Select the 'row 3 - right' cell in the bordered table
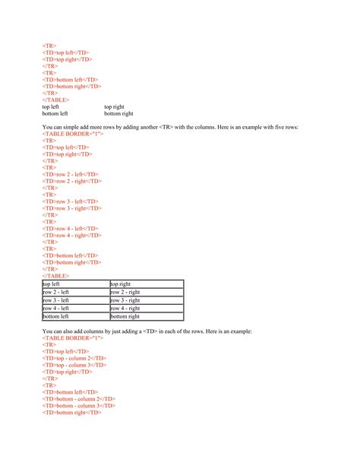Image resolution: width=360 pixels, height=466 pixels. point(125,300)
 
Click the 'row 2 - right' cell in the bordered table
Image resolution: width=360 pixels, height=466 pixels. point(125,292)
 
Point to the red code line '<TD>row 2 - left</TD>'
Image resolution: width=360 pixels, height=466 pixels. point(70,174)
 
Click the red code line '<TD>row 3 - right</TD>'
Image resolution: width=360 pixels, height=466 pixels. point(72,208)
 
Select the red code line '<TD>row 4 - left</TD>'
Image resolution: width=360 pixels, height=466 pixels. point(70,228)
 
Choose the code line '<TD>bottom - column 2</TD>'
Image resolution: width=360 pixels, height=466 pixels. point(79,398)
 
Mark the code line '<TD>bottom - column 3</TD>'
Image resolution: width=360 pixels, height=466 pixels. point(79,405)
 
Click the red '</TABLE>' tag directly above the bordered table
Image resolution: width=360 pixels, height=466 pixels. point(55,275)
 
